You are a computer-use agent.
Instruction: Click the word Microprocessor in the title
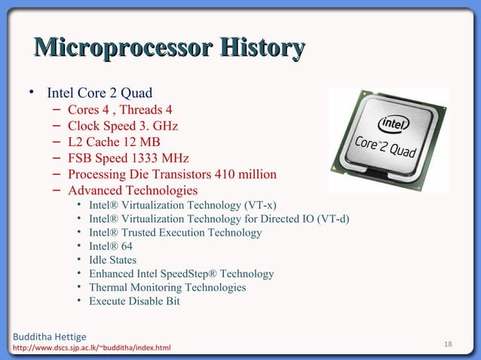point(120,49)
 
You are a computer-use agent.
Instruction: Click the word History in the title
point(261,49)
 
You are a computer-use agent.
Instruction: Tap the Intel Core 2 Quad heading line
point(100,93)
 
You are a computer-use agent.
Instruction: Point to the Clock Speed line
point(123,126)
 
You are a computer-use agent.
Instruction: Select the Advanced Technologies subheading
point(133,191)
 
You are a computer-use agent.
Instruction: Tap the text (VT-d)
point(334,219)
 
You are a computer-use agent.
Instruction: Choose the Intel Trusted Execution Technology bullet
point(175,233)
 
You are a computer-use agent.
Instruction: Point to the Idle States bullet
point(112,260)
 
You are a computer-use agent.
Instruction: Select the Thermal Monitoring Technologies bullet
point(167,288)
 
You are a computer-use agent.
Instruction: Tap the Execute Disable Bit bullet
point(134,301)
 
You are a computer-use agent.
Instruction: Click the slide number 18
point(448,344)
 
